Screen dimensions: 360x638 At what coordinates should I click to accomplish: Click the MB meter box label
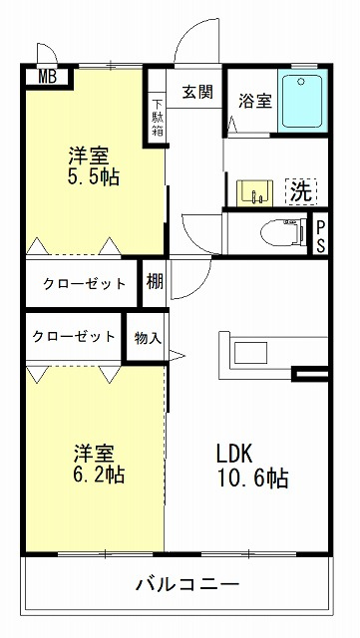click(x=48, y=77)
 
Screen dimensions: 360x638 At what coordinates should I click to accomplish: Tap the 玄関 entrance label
click(x=197, y=92)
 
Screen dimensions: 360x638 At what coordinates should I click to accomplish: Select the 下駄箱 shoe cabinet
click(x=157, y=118)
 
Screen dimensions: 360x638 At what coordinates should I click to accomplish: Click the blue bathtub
click(x=302, y=101)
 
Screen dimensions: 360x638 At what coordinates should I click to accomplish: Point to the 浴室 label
click(x=255, y=101)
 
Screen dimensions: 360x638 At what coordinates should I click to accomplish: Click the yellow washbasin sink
click(x=255, y=192)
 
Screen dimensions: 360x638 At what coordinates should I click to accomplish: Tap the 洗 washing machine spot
click(x=302, y=191)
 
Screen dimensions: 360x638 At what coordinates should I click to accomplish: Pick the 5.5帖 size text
click(x=94, y=177)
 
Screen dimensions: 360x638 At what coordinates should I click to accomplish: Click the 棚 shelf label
click(x=155, y=281)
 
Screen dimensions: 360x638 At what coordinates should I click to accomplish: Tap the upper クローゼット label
click(x=85, y=283)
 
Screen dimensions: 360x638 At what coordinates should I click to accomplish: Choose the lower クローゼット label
click(x=74, y=336)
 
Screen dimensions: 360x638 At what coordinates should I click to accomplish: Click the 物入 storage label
click(x=148, y=338)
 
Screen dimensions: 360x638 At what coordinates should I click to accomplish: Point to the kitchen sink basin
click(x=250, y=353)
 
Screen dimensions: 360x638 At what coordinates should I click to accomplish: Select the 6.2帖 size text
click(x=99, y=475)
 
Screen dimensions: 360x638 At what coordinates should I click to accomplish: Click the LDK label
click(x=234, y=454)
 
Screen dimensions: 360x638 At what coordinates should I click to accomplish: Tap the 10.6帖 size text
click(x=253, y=478)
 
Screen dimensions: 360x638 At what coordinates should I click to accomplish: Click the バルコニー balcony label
click(x=186, y=584)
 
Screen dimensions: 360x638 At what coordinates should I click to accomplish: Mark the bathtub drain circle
click(x=301, y=82)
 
